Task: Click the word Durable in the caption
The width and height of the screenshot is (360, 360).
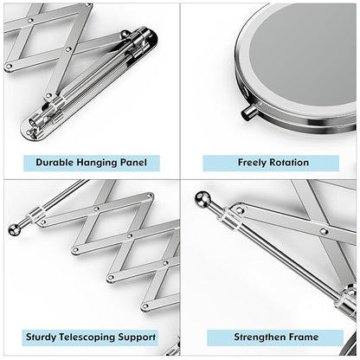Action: pos(55,163)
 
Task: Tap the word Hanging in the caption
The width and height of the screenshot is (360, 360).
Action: pos(97,163)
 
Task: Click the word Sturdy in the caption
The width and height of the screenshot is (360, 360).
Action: pos(41,337)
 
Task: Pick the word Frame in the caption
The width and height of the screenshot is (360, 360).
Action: pos(304,337)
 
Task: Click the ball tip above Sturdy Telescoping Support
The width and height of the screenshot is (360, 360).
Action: pos(14,229)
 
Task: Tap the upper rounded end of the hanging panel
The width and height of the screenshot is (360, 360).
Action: pos(150,36)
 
